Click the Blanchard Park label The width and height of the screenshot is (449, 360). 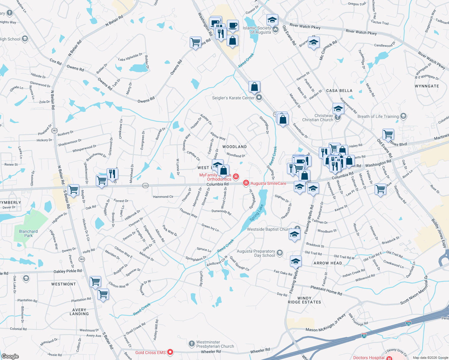coord(28,233)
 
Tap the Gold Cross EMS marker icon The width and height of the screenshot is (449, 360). coord(170,352)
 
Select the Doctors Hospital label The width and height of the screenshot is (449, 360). coord(369,358)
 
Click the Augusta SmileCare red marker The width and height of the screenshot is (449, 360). coord(246,183)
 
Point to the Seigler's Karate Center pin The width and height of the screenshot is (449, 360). coord(259,98)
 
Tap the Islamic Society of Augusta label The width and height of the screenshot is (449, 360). coord(257,30)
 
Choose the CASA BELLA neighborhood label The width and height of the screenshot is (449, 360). coord(339,91)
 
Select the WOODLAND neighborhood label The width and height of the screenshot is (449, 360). coord(234,147)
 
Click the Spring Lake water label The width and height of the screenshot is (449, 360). coord(256,213)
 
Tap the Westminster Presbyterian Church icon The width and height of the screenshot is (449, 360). coord(192,344)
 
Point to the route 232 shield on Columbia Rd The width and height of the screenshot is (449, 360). coord(145,186)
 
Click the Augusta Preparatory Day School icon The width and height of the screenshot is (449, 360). coord(280,253)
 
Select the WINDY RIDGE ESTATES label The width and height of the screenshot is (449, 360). coord(304,300)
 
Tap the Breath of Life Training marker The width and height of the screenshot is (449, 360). coord(403,116)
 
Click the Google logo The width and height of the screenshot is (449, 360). coord(10,356)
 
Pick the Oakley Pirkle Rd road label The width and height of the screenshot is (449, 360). coord(68,271)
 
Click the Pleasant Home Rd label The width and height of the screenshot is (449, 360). coord(326,290)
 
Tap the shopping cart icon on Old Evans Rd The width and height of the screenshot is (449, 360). coord(388,134)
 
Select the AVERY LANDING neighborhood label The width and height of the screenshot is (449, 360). coord(79,312)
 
